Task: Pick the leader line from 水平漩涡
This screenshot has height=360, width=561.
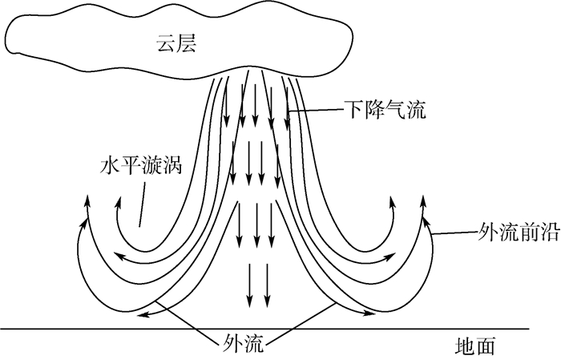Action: pyautogui.click(x=142, y=200)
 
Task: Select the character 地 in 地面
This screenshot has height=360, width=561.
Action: pyautogui.click(x=468, y=346)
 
